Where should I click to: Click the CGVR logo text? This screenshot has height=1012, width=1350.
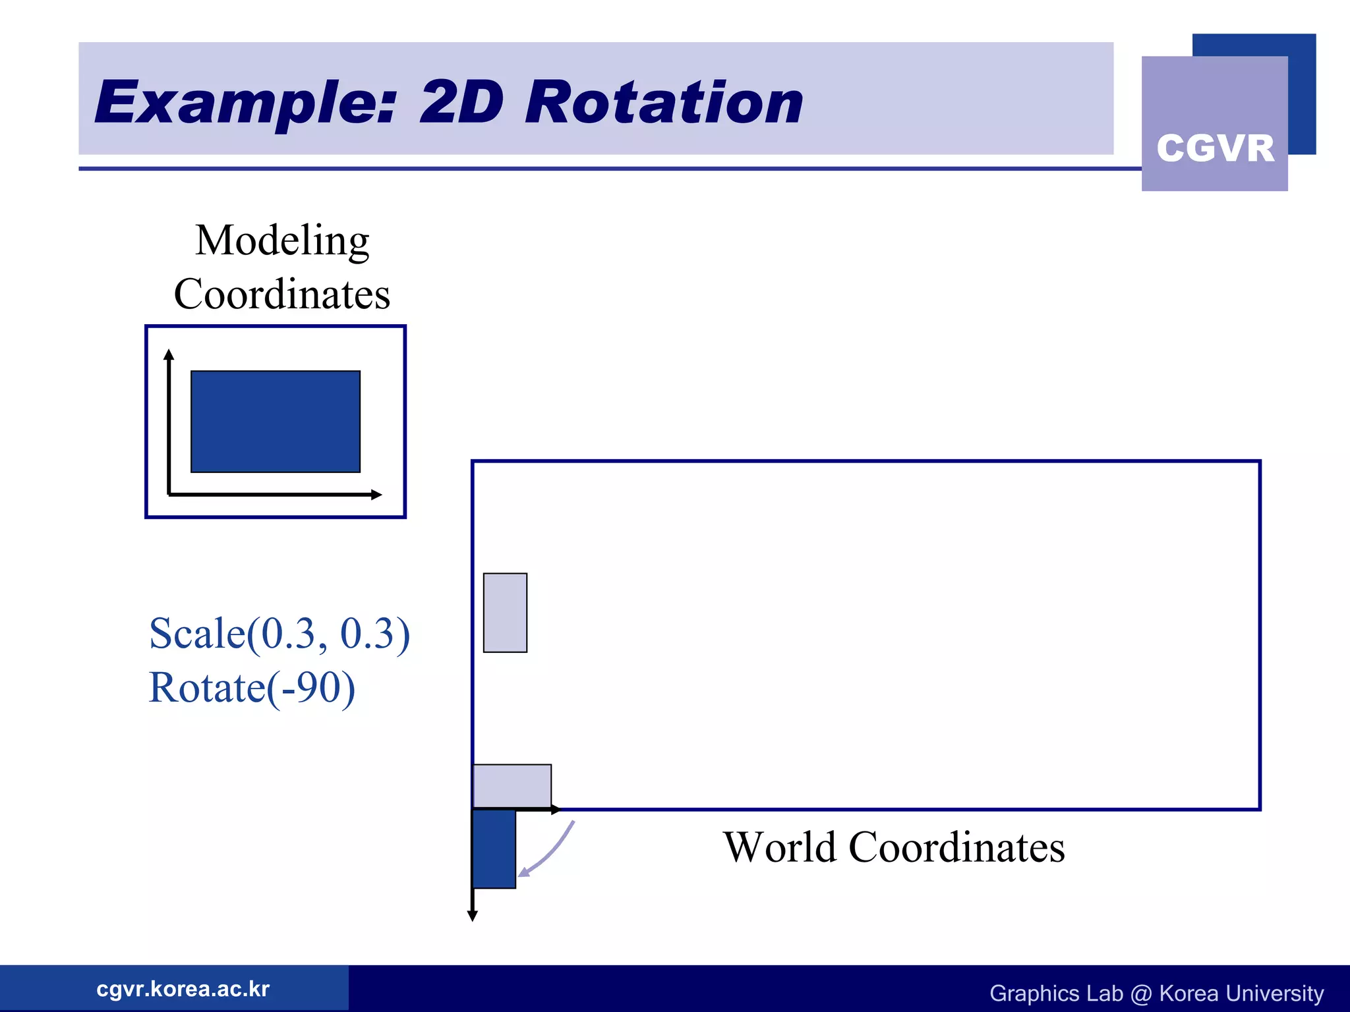click(x=1215, y=148)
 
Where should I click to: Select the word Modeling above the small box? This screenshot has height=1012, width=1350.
click(x=282, y=241)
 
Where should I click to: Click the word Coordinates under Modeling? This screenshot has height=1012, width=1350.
click(x=282, y=295)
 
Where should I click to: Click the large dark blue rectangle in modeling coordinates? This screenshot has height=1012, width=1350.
click(x=276, y=422)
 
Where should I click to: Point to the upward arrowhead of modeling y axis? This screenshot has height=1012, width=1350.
click(x=169, y=354)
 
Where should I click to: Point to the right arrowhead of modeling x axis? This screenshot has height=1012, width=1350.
click(x=376, y=494)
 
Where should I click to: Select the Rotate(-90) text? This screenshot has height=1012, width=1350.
click(x=252, y=688)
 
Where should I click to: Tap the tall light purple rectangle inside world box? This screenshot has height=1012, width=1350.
click(x=505, y=613)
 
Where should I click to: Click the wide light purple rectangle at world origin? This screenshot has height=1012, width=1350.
click(x=512, y=785)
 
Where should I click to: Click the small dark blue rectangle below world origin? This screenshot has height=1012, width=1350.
click(x=494, y=849)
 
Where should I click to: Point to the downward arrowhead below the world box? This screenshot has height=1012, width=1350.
click(x=472, y=916)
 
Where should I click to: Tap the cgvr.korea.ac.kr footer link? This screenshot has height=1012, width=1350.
click(x=183, y=989)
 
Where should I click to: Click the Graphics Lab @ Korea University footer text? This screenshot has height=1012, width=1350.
click(x=1156, y=993)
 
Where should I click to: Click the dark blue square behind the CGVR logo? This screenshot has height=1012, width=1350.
click(x=1302, y=92)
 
